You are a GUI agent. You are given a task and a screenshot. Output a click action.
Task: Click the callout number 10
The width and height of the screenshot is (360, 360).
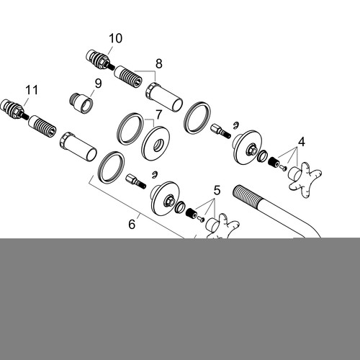click(x=115, y=38)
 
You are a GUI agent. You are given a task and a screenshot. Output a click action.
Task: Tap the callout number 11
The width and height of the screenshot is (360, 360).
click(x=32, y=90)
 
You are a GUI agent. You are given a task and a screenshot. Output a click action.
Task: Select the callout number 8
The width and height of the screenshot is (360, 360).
click(x=159, y=64)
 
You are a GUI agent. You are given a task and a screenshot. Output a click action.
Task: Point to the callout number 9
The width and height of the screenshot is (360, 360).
click(x=98, y=84)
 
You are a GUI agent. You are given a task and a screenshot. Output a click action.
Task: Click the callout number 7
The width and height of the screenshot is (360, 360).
click(x=159, y=114)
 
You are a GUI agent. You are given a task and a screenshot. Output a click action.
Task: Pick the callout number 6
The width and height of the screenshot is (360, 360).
click(x=132, y=224)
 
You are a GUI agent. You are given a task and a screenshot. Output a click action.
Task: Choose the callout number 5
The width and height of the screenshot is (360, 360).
click(x=217, y=190)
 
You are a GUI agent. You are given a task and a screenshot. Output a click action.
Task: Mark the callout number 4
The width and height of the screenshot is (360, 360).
click(x=302, y=142)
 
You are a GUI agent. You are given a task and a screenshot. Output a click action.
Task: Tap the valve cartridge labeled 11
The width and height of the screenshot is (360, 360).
click(x=14, y=109)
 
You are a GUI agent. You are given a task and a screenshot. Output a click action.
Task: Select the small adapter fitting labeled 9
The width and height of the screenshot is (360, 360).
click(x=81, y=103)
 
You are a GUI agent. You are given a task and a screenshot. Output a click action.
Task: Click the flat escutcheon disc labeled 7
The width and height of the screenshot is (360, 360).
click(x=156, y=143)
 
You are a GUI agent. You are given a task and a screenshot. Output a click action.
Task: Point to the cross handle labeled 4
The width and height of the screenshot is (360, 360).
click(x=305, y=180)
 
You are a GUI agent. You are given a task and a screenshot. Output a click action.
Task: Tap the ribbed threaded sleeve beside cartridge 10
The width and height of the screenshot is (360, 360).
click(x=128, y=77)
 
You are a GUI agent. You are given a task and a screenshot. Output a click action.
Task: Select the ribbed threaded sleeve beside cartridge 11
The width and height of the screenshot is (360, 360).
click(x=42, y=127)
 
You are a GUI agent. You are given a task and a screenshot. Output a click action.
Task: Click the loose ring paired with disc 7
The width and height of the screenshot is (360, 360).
click(x=130, y=129)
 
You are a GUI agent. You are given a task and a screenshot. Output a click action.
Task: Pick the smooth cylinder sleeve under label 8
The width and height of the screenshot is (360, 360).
click(x=164, y=97)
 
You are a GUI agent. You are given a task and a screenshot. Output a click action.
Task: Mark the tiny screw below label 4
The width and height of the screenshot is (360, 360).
click(x=283, y=168)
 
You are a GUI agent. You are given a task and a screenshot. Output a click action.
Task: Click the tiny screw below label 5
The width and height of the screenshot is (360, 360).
click(x=201, y=219)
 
